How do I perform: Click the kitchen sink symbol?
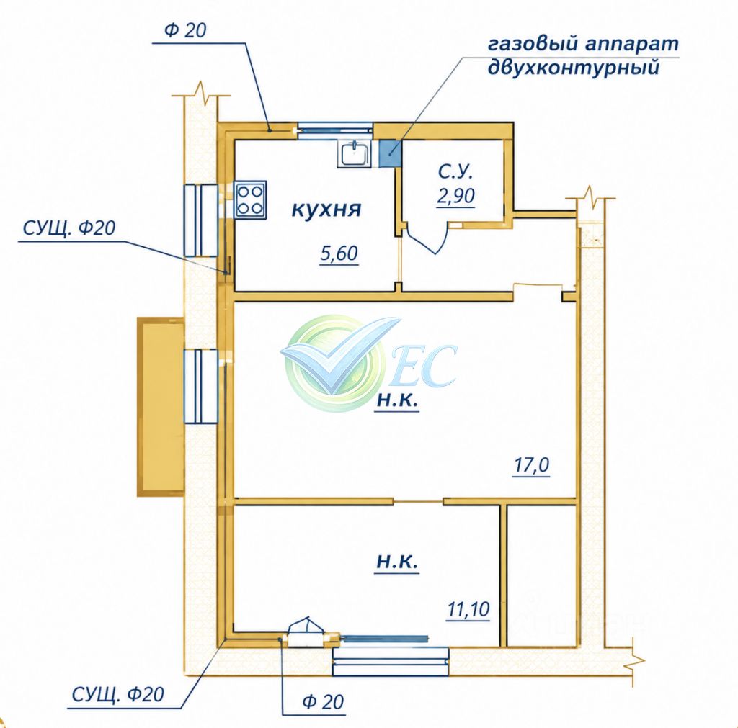355,154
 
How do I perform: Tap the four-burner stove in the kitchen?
251,200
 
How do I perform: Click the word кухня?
326,209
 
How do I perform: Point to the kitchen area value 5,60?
339,253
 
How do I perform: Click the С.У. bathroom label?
455,171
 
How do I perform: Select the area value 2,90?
455,195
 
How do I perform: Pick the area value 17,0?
531,466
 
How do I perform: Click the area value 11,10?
468,609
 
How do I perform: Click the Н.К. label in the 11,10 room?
397,562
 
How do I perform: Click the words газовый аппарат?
584,44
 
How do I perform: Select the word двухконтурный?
573,68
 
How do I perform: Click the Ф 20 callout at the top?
185,30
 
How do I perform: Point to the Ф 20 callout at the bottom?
324,701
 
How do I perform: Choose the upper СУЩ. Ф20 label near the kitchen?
68,228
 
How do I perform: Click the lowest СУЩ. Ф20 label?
117,694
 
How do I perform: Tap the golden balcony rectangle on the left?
161,407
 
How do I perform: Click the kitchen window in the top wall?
335,127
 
